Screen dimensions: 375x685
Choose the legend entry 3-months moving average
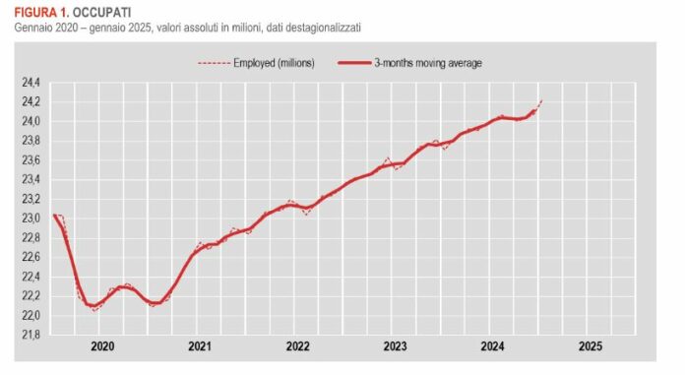click(x=428, y=63)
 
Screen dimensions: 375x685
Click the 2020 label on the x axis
click(x=102, y=347)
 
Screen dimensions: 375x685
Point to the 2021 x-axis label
click(x=200, y=347)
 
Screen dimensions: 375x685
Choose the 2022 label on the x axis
click(x=297, y=347)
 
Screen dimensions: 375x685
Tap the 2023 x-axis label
click(x=395, y=347)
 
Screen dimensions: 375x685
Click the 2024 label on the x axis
click(x=492, y=347)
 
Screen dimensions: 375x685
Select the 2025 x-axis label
click(x=590, y=347)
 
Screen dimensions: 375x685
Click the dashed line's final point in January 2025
click(x=542, y=100)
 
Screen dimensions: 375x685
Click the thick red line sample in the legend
click(x=351, y=63)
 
